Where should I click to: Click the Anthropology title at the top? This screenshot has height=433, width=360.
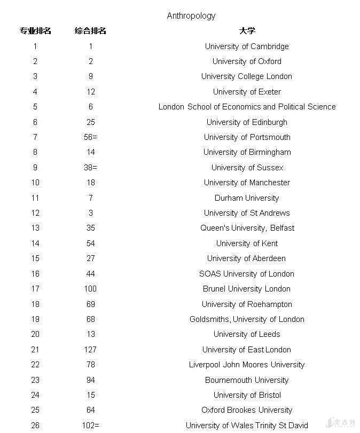(x=191, y=16)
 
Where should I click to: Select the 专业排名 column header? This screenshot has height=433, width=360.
(x=35, y=31)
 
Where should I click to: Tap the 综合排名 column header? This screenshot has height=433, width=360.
(x=91, y=31)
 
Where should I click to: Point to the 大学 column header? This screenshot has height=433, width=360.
(x=247, y=31)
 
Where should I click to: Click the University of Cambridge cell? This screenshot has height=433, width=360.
(x=247, y=46)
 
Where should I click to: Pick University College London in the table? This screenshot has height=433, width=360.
(x=247, y=76)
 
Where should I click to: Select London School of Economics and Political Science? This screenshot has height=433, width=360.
(x=247, y=107)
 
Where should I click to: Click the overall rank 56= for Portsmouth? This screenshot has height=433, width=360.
(x=91, y=137)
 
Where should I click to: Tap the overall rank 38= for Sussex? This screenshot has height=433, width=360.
(x=91, y=168)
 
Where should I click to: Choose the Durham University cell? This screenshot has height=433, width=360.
(x=247, y=198)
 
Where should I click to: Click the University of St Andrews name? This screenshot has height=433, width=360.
(x=247, y=213)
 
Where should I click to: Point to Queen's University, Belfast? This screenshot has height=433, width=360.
(x=247, y=228)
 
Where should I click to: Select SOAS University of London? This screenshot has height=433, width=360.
(x=247, y=274)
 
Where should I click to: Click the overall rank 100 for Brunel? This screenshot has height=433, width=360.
(x=91, y=289)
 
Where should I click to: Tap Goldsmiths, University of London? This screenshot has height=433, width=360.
(x=247, y=319)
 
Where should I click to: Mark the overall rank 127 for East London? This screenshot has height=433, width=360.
(x=91, y=350)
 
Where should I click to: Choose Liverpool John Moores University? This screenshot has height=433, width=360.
(x=247, y=365)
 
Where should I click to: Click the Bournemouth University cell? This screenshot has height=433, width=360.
(x=247, y=380)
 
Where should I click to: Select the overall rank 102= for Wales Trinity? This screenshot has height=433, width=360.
(x=91, y=426)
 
